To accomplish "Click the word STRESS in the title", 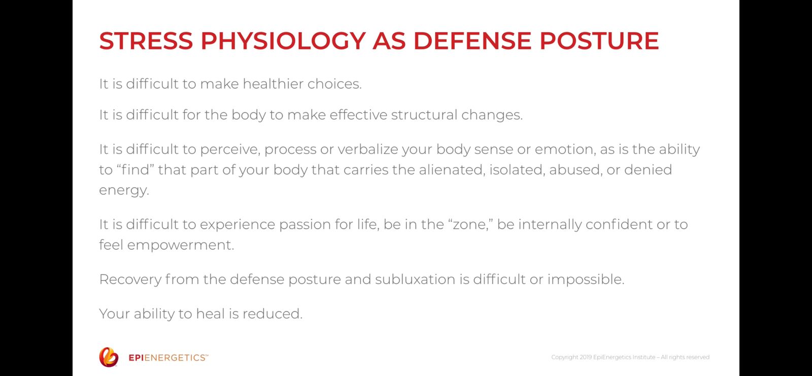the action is click(x=146, y=41).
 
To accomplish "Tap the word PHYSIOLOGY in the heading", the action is click(x=283, y=41).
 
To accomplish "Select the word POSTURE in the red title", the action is click(x=599, y=41).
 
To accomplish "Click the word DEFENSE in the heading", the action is click(x=472, y=41).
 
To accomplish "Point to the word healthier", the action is click(x=273, y=84).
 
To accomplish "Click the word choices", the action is click(x=334, y=84).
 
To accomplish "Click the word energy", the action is click(x=124, y=191).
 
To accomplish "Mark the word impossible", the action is click(x=586, y=279).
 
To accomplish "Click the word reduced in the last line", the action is click(x=272, y=314).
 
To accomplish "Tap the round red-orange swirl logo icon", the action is click(x=109, y=357).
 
